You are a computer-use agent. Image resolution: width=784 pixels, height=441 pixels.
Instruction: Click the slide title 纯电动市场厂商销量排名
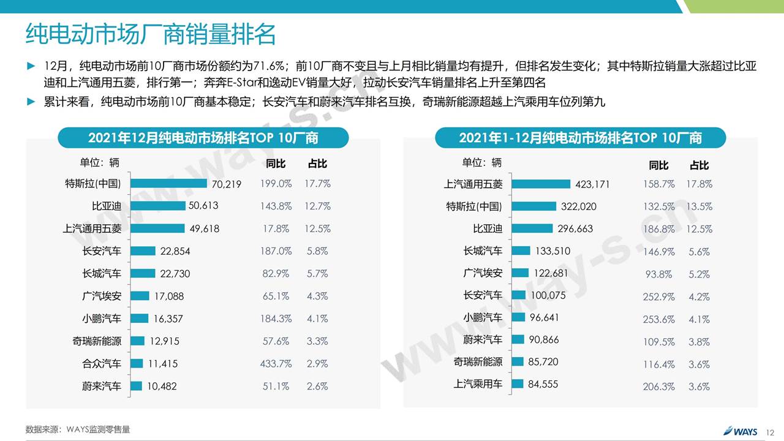point(151,34)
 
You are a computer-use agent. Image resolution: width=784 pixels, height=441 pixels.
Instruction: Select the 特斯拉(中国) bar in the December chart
point(169,183)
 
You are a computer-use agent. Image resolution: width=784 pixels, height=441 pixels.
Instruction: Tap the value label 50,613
point(203,206)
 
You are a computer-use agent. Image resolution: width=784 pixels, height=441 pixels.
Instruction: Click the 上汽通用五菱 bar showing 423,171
point(541,184)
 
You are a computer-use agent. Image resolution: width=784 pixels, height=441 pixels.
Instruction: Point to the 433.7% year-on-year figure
point(276,364)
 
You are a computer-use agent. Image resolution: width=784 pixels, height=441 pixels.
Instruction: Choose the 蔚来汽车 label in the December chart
point(102,386)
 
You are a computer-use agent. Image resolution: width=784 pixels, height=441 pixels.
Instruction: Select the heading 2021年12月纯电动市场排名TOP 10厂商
point(203,138)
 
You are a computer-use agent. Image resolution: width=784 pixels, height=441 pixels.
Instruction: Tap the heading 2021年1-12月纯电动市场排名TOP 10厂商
point(580,138)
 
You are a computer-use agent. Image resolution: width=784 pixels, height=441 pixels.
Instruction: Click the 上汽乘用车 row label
point(478,384)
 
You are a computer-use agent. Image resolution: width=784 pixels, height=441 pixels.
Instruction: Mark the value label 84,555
point(543,385)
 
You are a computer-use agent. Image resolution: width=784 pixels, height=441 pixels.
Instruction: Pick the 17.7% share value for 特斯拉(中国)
point(317,184)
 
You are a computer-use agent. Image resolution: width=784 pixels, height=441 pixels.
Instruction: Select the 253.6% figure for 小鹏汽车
point(659,319)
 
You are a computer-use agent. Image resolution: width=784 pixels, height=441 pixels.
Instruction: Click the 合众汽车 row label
point(102,364)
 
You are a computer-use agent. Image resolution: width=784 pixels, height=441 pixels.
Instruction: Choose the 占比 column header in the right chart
point(699,165)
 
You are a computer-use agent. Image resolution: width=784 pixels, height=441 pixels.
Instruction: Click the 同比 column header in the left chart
point(276,164)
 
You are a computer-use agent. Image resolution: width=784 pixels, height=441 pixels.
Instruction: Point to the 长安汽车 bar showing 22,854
point(143,251)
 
